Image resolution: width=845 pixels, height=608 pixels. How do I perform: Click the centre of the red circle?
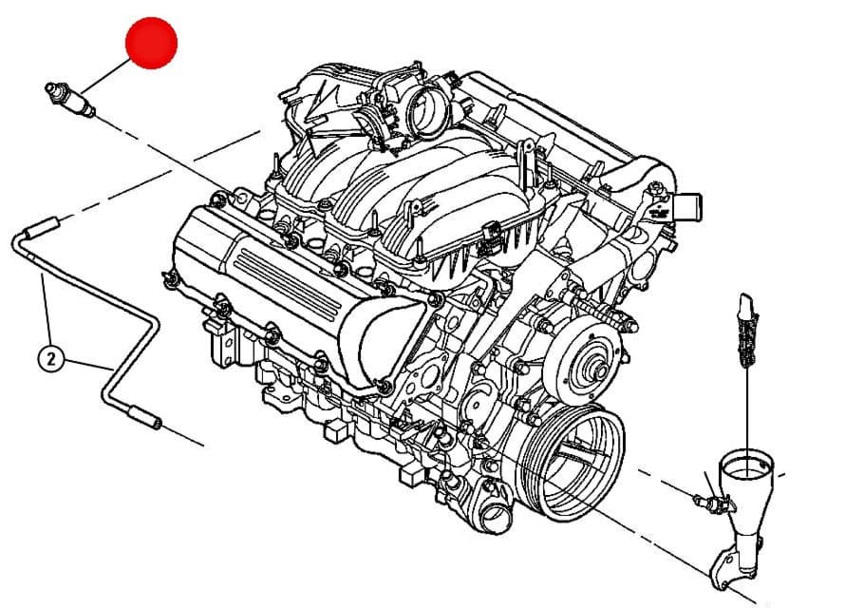pos(151,43)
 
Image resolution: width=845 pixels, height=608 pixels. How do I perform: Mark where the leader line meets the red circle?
pos(131,59)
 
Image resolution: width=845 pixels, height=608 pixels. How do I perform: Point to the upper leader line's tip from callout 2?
pos(43,275)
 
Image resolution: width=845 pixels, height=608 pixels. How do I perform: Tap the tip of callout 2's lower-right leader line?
pos(113,370)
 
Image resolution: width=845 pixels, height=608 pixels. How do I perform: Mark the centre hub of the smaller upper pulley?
pos(600,370)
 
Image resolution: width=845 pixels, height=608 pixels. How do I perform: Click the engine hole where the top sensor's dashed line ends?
pos(242,199)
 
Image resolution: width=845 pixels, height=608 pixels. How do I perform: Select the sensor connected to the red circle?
pos(70,99)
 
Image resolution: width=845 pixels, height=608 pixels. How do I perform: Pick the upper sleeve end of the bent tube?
pos(43,226)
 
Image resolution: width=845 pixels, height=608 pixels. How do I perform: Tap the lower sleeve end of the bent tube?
pos(144,418)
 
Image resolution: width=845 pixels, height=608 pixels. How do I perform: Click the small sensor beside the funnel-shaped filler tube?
pos(713,503)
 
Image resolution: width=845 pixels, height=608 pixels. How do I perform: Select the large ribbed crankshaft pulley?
pos(572,462)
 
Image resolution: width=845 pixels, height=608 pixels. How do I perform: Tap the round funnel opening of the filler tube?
pos(747,466)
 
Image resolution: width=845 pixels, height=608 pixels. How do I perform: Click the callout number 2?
pos(51,358)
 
